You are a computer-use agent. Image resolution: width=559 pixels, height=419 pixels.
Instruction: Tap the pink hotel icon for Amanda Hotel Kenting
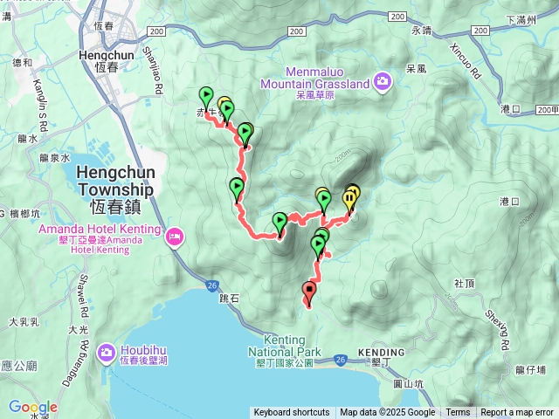pos(175,235)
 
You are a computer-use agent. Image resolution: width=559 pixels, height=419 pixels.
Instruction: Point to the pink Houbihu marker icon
pos(106,351)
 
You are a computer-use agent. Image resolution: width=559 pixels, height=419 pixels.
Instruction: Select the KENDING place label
pos(381,353)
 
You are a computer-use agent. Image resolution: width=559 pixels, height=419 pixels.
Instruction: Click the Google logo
pos(33,408)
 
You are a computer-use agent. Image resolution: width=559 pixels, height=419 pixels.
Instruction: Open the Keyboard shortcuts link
pos(292,413)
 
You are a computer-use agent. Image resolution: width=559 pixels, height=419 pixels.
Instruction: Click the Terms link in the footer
pos(458,413)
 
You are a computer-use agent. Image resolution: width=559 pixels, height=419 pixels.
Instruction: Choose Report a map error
pos(517,413)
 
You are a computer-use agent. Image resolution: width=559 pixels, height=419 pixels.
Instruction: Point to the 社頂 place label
pos(465,284)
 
